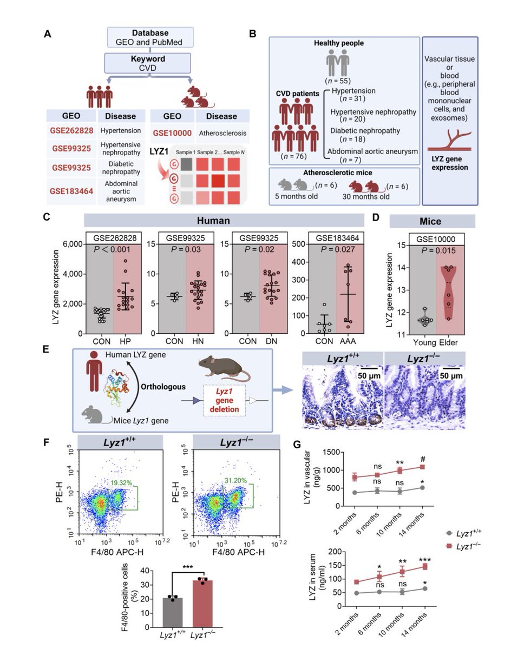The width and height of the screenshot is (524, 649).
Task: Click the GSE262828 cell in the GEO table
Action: click(71, 130)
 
